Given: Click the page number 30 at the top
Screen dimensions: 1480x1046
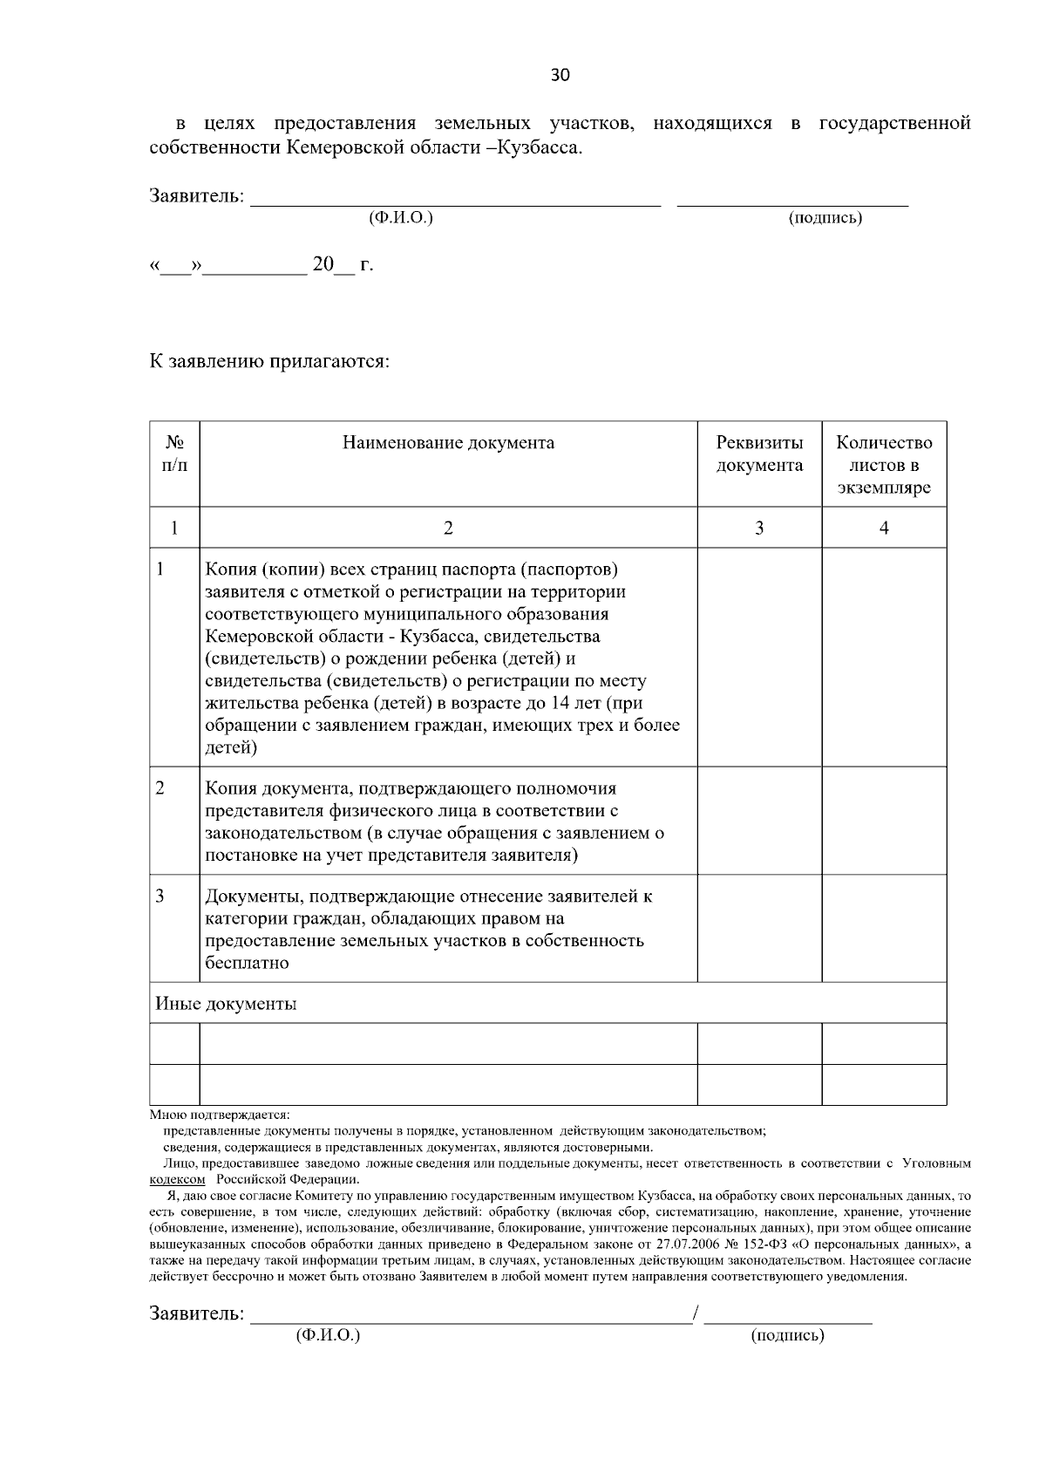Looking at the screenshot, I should [x=560, y=76].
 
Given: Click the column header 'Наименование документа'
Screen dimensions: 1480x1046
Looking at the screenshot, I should [x=447, y=443].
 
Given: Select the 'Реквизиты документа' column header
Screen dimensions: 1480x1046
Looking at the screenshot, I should [x=759, y=454].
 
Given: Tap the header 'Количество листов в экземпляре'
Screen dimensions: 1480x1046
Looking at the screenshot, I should [x=884, y=465].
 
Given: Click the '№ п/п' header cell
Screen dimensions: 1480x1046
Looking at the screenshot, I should [x=174, y=454].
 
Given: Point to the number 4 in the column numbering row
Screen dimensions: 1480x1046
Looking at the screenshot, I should [x=884, y=528].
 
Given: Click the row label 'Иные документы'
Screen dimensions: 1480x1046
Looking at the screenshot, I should [x=226, y=1004].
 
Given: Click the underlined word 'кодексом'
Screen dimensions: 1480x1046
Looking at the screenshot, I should [x=178, y=1179].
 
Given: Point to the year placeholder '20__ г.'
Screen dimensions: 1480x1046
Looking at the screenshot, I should [x=342, y=265].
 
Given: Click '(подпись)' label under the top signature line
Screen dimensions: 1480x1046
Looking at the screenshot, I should [x=825, y=218].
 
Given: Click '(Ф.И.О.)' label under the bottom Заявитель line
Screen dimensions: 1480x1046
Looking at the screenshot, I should [x=328, y=1335].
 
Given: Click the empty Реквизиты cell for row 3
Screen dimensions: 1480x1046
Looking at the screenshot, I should [x=759, y=928].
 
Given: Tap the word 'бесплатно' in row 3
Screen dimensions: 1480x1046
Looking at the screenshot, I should [x=247, y=964].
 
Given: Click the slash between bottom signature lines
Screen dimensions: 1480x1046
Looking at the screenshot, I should [x=696, y=1313].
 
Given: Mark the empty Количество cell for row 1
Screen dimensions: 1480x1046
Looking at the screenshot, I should [x=884, y=657].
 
